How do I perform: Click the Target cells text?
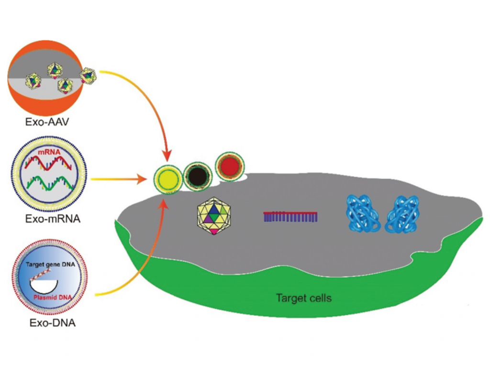tap(303, 298)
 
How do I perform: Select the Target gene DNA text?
tap(50, 264)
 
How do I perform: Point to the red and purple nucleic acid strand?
tap(290, 216)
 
